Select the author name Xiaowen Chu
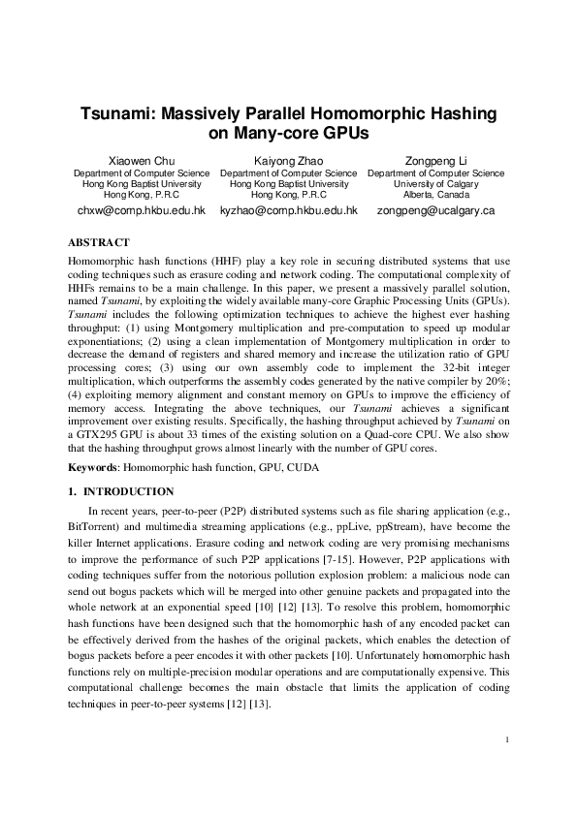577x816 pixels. pyautogui.click(x=142, y=160)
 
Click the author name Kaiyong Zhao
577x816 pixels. pyautogui.click(x=288, y=160)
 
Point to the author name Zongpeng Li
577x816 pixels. pyautogui.click(x=434, y=160)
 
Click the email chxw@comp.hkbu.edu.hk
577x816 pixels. pyautogui.click(x=142, y=209)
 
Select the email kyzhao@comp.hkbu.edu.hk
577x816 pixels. pyautogui.click(x=288, y=209)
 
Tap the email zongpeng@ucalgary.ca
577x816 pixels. pyautogui.click(x=435, y=209)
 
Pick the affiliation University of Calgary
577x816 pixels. pyautogui.click(x=434, y=183)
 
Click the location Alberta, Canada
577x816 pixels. pyautogui.click(x=434, y=194)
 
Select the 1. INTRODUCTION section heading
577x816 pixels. pyautogui.click(x=121, y=492)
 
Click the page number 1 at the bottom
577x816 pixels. pyautogui.click(x=507, y=740)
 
